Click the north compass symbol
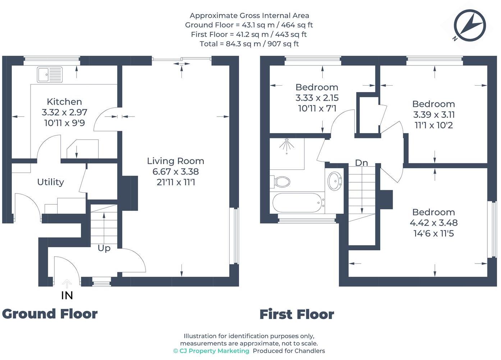pos(470,25)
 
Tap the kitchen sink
pos(50,74)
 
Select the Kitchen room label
pos(64,102)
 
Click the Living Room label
pos(176,161)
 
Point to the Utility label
pos(51,182)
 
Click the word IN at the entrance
pos(67,296)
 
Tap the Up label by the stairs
pos(104,248)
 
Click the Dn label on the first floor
pos(362,163)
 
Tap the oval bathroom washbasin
pos(335,181)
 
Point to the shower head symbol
pos(286,146)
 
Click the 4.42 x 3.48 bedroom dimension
pos(433,223)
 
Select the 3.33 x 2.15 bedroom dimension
pos(317,98)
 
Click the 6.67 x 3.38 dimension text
pos(176,172)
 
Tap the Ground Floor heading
pos(50,314)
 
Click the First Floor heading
pos(297,314)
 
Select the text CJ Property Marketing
pos(214,351)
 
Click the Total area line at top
pos(249,44)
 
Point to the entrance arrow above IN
pos(66,283)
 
